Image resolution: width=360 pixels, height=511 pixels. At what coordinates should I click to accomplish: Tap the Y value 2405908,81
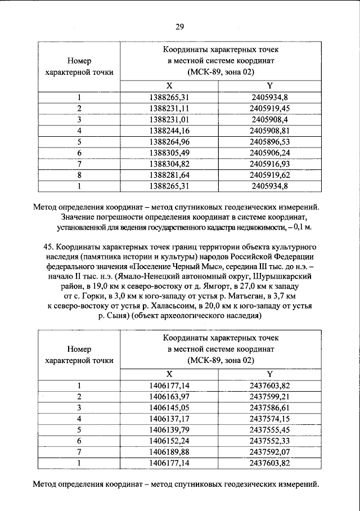click(x=269, y=131)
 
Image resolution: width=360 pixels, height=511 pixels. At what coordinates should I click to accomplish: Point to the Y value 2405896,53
click(x=269, y=141)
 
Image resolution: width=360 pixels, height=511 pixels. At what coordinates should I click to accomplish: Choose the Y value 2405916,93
click(x=269, y=163)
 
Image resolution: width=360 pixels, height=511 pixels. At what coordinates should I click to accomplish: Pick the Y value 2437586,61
click(x=269, y=407)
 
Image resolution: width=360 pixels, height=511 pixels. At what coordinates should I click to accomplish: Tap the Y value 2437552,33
click(x=269, y=441)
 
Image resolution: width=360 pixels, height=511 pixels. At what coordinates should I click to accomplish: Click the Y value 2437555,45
click(x=269, y=429)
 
